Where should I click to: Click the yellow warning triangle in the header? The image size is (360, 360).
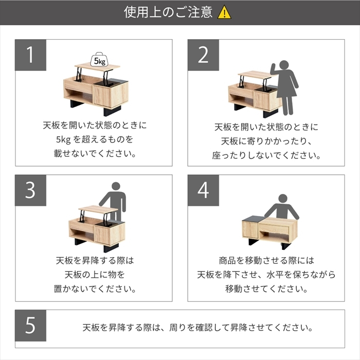224,12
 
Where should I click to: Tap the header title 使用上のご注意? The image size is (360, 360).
168,12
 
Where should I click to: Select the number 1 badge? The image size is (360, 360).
30,55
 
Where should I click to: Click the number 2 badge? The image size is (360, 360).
203,55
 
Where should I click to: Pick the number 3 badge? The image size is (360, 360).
30,190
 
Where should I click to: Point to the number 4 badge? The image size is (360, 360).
203,190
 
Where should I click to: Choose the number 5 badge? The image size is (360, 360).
30,326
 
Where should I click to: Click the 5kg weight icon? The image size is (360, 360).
100,60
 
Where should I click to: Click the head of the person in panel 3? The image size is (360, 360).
116,186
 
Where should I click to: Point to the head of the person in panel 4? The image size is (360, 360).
283,199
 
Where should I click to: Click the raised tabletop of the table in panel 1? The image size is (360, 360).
97,67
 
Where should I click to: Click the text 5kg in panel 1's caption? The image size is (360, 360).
63,139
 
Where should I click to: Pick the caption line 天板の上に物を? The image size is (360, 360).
95,274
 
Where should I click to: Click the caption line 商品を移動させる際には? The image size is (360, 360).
266,260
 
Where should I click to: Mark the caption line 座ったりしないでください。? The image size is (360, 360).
266,155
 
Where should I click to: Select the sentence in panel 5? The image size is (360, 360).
197,328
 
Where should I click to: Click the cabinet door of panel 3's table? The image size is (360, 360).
102,235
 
